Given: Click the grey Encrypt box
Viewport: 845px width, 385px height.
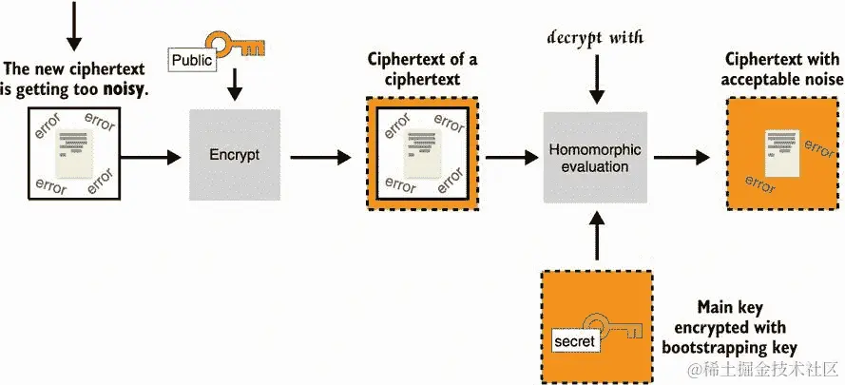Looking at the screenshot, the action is tap(235, 155).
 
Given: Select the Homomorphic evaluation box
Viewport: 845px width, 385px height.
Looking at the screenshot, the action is tap(595, 158).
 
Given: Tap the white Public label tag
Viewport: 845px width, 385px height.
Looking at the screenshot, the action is tap(192, 60).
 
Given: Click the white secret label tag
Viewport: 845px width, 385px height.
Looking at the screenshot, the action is tap(574, 340).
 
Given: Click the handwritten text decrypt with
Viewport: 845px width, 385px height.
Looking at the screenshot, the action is tap(595, 38).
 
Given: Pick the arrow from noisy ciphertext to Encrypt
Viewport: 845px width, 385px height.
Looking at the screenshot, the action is tap(150, 158).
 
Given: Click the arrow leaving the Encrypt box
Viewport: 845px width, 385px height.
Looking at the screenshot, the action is tap(320, 158).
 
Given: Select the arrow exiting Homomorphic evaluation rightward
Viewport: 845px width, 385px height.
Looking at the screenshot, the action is tap(682, 158).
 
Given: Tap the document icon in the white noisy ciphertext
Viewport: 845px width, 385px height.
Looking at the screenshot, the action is tap(75, 153).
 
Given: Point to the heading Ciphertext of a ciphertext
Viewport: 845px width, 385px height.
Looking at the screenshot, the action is tap(422, 69).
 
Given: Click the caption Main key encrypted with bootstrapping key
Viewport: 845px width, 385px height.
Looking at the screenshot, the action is tap(730, 327).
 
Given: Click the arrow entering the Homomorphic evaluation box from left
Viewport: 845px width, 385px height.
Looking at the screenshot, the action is tap(512, 158).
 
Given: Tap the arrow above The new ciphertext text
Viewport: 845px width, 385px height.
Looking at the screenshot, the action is tap(74, 26).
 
